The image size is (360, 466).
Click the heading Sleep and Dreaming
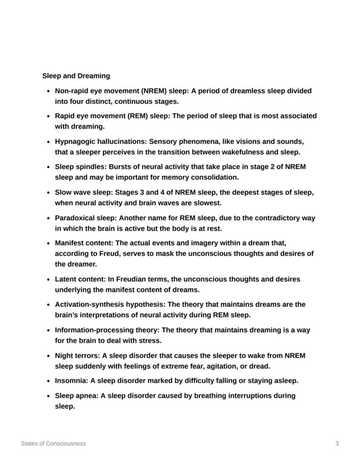tap(76, 76)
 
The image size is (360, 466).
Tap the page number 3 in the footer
tap(337, 443)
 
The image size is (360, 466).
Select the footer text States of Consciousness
tap(53, 443)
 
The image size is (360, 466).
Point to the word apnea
tap(86, 396)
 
